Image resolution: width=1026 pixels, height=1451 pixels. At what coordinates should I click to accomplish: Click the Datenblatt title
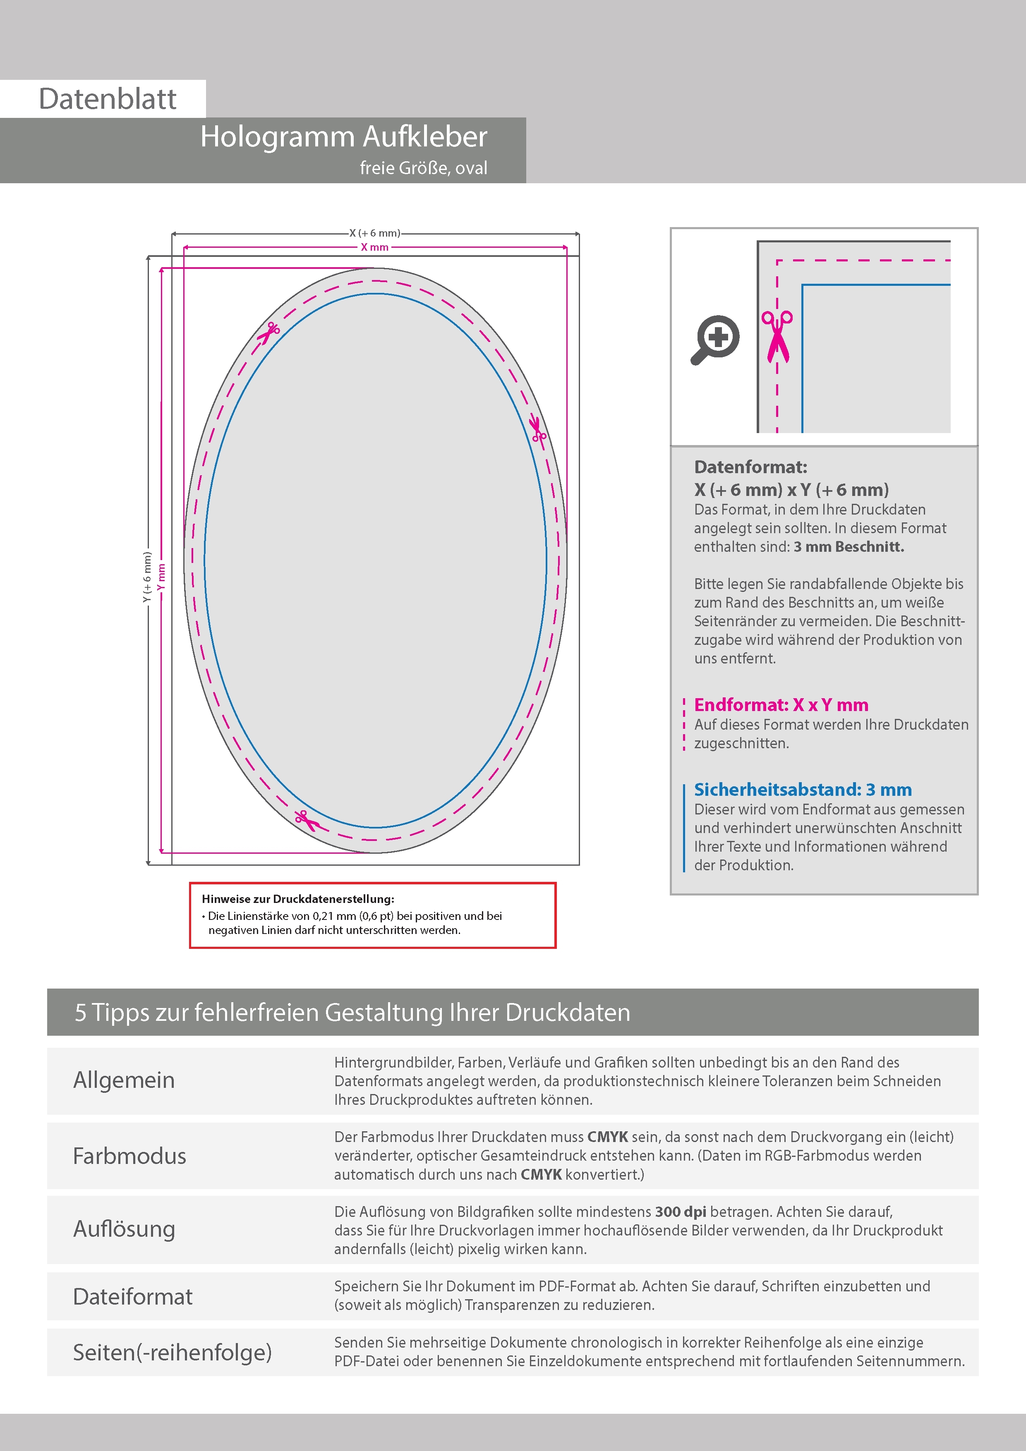(108, 99)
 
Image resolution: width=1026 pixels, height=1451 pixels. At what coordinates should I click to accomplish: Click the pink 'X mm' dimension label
(374, 247)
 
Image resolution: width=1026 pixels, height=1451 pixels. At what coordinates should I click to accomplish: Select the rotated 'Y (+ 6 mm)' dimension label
(147, 577)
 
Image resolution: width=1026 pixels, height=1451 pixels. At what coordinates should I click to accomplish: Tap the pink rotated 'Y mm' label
(161, 577)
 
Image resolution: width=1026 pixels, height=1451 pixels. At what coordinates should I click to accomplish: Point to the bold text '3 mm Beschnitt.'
(849, 547)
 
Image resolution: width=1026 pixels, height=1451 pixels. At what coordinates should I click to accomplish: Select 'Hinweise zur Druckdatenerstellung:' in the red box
(298, 899)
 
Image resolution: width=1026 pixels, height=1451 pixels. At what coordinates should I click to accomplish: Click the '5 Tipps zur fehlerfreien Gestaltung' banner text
(352, 1013)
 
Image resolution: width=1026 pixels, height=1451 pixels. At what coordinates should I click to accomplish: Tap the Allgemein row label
(124, 1080)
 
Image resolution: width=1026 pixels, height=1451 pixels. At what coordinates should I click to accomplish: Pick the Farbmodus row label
(129, 1156)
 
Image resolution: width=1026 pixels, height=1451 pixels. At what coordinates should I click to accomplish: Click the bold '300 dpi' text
(680, 1212)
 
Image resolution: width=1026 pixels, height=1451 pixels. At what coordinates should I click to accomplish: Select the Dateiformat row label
(133, 1296)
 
